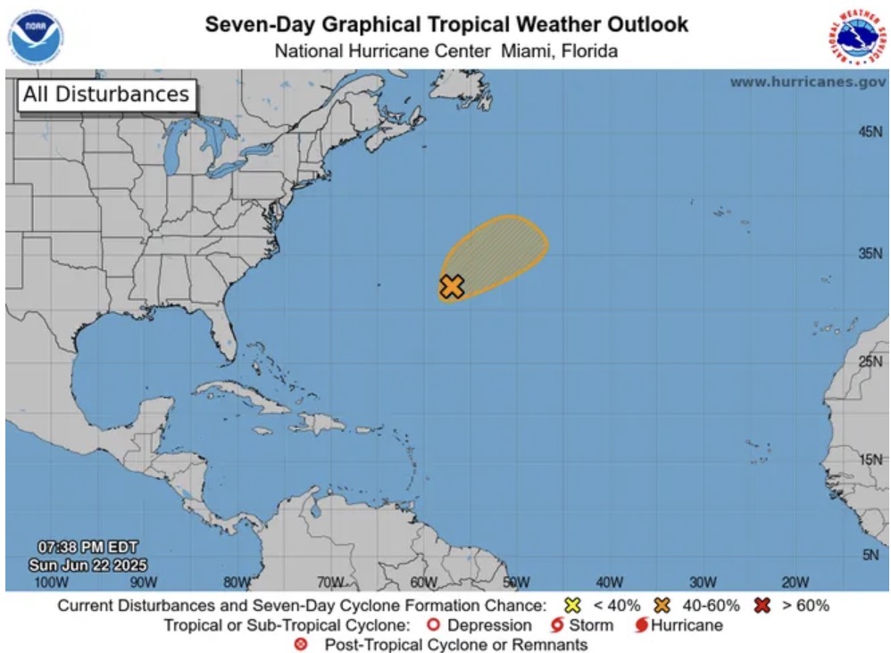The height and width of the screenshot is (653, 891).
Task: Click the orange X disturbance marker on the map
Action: [x=452, y=286]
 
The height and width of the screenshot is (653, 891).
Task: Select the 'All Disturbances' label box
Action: [x=106, y=95]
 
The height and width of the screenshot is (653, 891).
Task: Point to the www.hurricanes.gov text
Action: [x=807, y=81]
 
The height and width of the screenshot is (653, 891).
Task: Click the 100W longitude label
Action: [x=50, y=583]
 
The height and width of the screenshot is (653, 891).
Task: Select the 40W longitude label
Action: [x=609, y=583]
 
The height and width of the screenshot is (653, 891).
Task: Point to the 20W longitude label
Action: [x=795, y=583]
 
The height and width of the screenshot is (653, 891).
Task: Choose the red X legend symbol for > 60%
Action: [x=761, y=606]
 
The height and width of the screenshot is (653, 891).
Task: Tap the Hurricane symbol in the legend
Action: [x=640, y=625]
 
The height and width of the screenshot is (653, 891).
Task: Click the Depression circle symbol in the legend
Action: [x=436, y=625]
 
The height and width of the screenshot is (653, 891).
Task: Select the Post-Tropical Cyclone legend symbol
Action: [x=301, y=644]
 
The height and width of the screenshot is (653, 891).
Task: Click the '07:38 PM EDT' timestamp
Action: [x=87, y=547]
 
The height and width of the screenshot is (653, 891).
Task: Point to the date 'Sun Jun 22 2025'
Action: [x=87, y=565]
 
